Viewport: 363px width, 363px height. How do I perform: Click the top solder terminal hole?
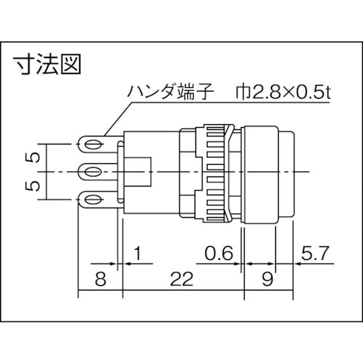pyautogui.click(x=91, y=146)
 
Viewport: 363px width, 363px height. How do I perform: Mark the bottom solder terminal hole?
pyautogui.click(x=91, y=198)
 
